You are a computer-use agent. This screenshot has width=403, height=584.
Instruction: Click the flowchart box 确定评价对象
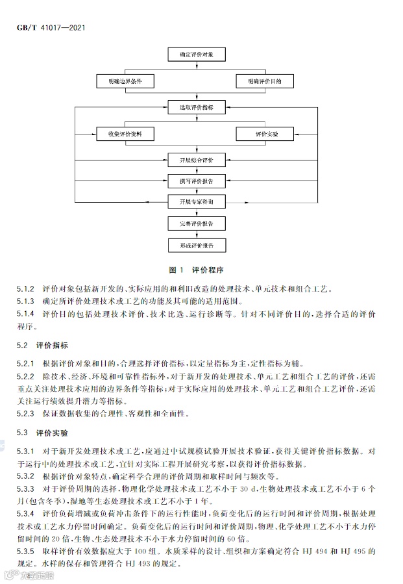coord(197,55)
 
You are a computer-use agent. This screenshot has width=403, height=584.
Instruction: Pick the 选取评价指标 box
coord(197,107)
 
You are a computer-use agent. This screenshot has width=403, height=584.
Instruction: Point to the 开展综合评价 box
coord(197,159)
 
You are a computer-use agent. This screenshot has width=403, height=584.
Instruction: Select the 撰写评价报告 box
coord(197,180)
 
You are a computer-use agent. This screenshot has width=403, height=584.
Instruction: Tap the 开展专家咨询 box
coord(197,202)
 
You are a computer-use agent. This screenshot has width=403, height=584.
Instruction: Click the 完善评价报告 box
coord(197,223)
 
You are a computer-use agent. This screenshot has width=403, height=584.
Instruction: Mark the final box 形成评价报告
coord(197,246)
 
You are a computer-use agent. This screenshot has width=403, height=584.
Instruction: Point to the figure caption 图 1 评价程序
coord(196,270)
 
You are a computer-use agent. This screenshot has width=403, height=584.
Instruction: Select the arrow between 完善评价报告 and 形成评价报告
coord(197,235)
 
